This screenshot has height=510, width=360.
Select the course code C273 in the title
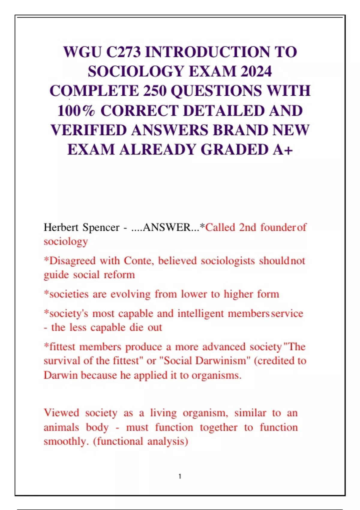point(124,52)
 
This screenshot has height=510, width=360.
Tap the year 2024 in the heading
point(256,71)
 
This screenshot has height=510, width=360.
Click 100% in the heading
point(76,111)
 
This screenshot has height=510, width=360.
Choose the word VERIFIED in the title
point(89,130)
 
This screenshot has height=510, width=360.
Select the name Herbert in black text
point(61,227)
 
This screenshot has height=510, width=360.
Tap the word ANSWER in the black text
point(167,227)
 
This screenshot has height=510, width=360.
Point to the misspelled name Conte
point(139,261)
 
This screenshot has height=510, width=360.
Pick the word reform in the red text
point(119,275)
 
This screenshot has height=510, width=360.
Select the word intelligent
point(200,313)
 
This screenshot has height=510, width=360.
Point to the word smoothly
point(66,442)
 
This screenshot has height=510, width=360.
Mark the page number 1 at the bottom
point(180,476)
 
